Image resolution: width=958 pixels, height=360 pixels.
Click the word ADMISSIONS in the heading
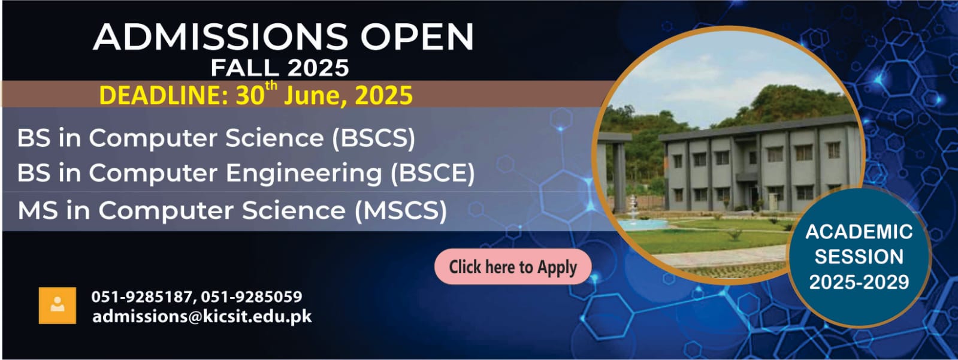220,37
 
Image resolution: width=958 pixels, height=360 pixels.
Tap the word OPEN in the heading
418,37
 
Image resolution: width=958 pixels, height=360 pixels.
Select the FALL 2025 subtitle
280,68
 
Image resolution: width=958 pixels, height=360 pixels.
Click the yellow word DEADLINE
164,96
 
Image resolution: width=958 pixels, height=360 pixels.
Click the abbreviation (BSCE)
433,173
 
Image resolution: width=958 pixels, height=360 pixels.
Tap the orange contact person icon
58,305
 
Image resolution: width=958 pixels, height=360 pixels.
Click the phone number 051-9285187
141,297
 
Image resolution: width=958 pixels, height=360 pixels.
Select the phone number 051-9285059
252,297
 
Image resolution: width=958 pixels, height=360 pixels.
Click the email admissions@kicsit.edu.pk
202,317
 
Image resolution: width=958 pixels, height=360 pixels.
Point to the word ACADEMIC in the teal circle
859,232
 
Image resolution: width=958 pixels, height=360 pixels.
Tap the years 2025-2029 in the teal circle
859,282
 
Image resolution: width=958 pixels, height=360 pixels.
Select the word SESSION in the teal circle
859,257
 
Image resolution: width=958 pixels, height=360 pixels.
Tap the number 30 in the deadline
250,96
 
